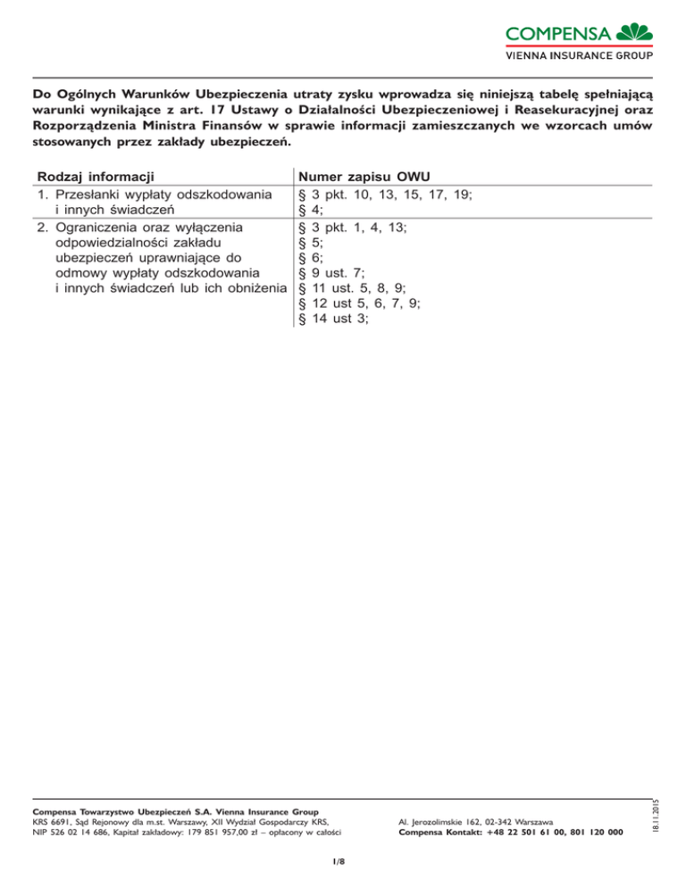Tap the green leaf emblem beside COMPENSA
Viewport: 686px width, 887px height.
[x=635, y=31]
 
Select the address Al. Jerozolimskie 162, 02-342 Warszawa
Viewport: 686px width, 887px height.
[x=475, y=820]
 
